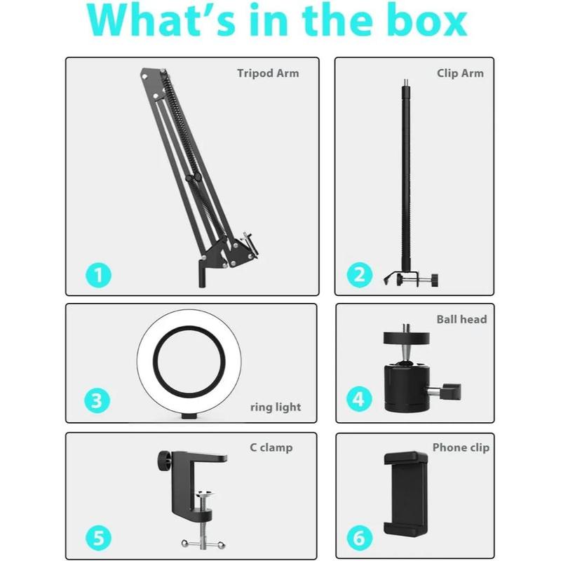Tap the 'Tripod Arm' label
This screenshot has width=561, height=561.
point(268,74)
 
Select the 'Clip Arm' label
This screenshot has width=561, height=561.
point(460,74)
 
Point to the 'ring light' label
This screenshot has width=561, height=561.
point(276,407)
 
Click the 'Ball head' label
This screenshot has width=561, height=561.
point(461,319)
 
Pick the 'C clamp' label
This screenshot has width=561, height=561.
point(271,447)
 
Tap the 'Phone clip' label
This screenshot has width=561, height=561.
point(461,447)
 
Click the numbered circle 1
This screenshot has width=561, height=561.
point(98,275)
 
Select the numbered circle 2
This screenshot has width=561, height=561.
point(360,275)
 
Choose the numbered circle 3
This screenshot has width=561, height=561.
point(97,400)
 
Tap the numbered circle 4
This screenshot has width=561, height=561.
point(359,398)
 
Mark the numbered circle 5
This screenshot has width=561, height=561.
point(98,538)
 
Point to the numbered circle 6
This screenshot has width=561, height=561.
point(360,538)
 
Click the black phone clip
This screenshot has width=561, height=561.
point(406,494)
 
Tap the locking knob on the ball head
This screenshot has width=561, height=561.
point(452,391)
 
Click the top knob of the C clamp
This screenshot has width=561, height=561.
point(164,461)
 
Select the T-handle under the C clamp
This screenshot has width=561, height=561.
point(203,544)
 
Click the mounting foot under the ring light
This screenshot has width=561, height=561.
point(189,416)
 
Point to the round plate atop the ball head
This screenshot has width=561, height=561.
point(407,338)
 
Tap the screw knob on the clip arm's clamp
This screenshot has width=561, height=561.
point(434,280)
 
